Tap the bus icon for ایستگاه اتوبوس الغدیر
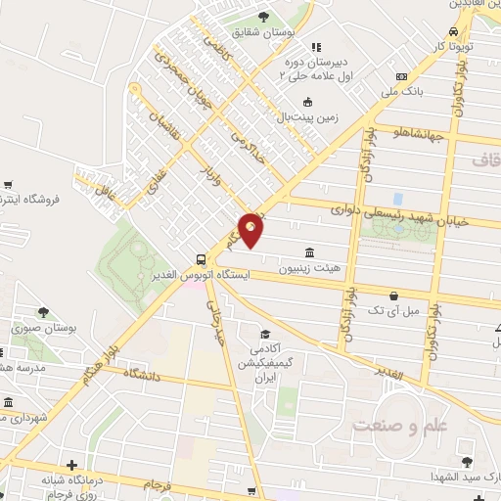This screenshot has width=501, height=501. point(201,259)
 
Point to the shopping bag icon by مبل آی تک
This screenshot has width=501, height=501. point(393,295)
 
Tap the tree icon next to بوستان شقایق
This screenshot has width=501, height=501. point(264,17)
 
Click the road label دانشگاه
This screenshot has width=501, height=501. point(142,374)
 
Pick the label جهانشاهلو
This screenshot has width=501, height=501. point(420,134)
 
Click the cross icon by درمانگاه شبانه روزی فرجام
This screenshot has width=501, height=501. point(71,465)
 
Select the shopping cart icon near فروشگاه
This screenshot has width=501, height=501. point(8,184)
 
